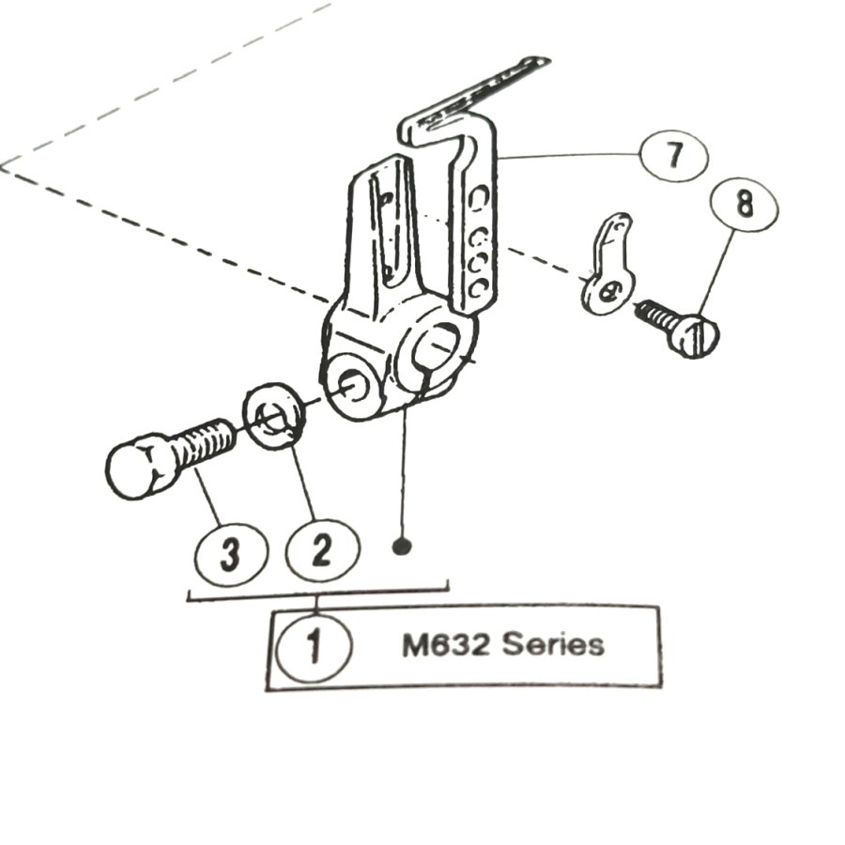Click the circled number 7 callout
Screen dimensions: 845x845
[x=673, y=155]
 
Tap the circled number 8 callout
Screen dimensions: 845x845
[x=745, y=204]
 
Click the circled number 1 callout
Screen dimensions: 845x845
[x=314, y=646]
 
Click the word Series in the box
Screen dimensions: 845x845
[x=553, y=645]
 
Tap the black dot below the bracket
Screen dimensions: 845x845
[x=402, y=545]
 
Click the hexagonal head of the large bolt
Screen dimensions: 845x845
[x=140, y=466]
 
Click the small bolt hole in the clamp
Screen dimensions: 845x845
[x=353, y=384]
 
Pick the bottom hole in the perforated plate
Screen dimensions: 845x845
[x=478, y=287]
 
